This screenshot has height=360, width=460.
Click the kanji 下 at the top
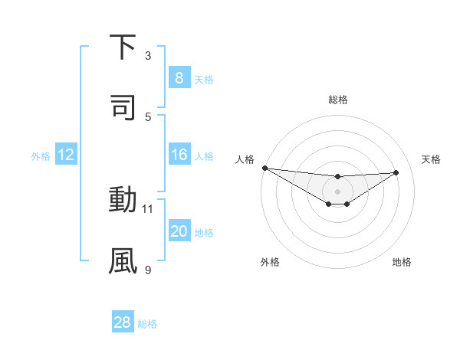pos(123,48)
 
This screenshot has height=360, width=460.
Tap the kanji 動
pos(123,200)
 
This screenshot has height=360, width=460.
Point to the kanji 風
pos(123,260)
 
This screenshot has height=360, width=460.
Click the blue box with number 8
pos(179,78)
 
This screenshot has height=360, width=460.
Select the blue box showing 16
pos(179,155)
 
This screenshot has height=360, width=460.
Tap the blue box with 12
pos(66,155)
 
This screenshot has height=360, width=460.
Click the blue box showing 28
pos(123,322)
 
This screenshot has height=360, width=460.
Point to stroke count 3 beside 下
pos(148,56)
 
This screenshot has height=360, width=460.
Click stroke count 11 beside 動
pos(148,208)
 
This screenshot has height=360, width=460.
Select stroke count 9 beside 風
pos(148,269)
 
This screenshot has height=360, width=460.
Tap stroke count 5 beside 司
pos(148,116)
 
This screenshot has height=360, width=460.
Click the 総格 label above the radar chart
pos(337,100)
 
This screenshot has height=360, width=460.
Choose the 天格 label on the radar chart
pos(431,159)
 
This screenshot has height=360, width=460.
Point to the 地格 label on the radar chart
pos(402,262)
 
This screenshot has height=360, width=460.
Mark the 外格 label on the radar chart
pos(270,262)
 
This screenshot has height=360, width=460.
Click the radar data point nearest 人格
pos(264,168)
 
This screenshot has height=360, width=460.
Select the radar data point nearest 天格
pos(396,172)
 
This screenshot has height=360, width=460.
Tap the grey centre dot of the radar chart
pos(337,191)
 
